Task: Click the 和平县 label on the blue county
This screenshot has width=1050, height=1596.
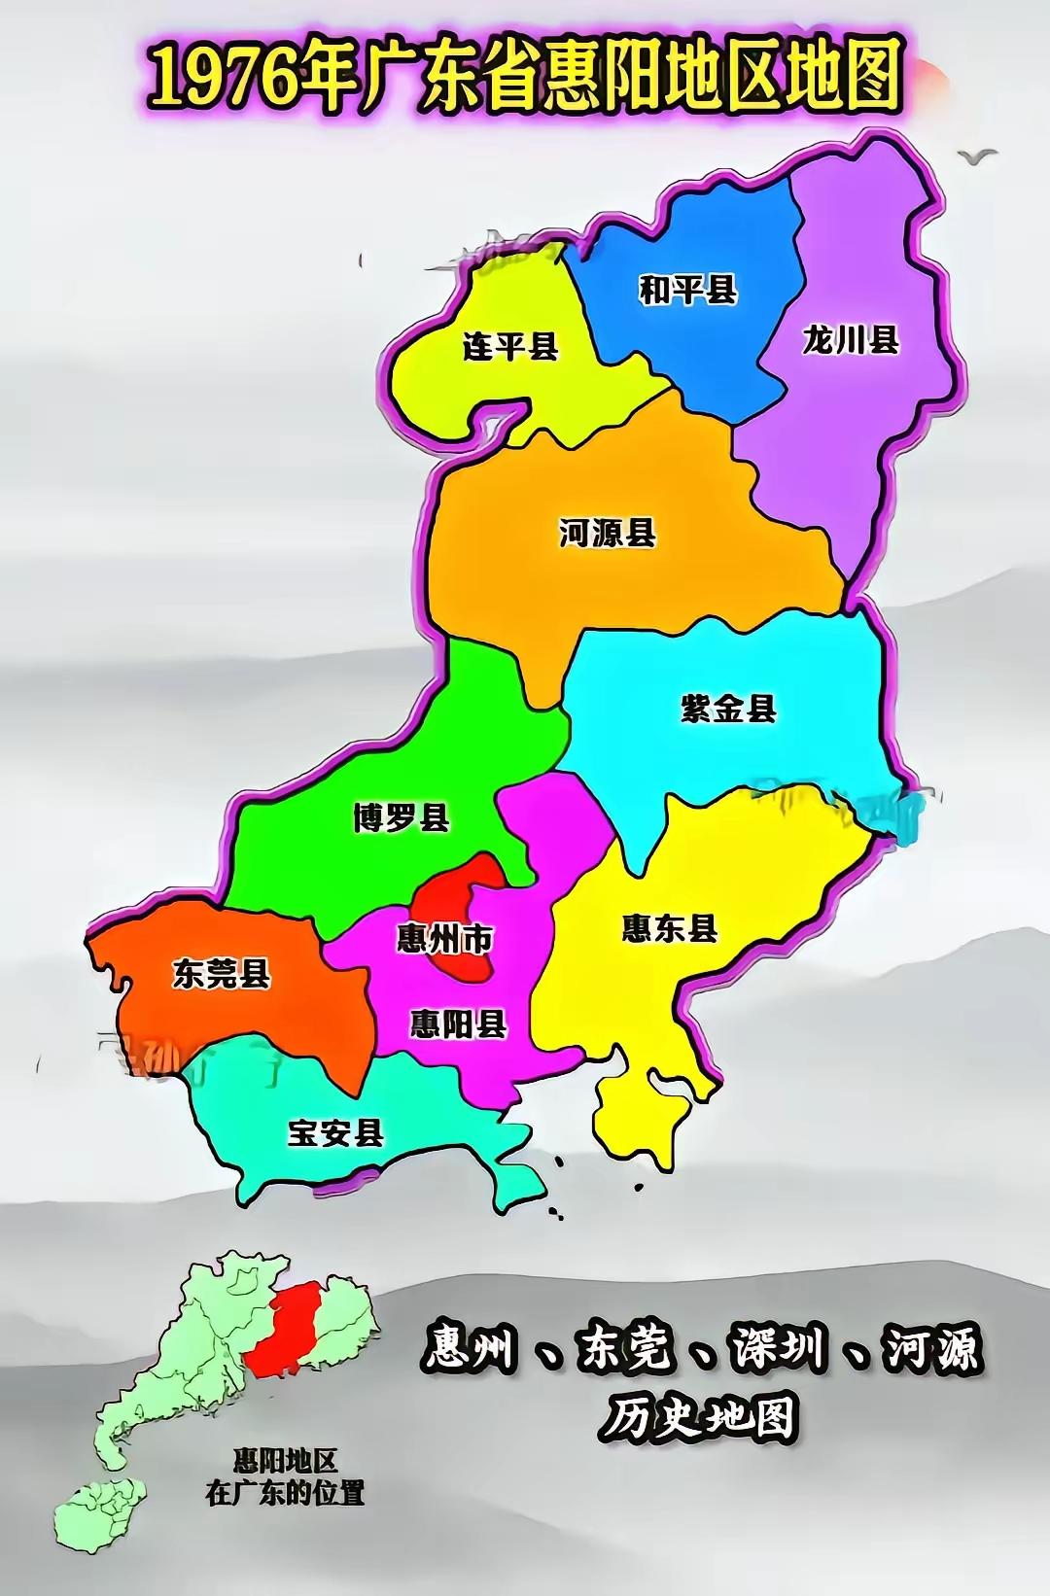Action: coord(687,290)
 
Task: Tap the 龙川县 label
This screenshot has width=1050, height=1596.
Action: coord(851,340)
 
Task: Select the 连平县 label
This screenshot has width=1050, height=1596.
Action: coord(509,347)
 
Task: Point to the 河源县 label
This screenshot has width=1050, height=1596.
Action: coord(608,533)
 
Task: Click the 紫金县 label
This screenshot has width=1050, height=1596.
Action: coord(728,709)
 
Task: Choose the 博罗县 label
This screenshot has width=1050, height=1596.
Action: coord(402,817)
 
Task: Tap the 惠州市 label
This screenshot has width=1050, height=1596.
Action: coord(445,939)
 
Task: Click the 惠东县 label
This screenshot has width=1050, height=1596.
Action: coord(670,928)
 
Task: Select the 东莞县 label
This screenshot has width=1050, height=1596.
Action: coord(222,973)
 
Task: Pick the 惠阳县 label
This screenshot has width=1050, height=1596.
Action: coord(458,1024)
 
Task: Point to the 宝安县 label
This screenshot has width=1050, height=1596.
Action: coord(335,1132)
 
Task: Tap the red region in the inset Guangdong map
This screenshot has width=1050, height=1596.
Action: coord(284,1327)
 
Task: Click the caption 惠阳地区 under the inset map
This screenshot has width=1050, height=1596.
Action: coord(285,1461)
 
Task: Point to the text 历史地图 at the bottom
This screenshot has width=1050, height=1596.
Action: coord(698,1418)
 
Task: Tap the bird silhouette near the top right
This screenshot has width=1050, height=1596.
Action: coord(977,156)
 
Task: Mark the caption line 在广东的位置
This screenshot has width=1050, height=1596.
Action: coord(285,1493)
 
